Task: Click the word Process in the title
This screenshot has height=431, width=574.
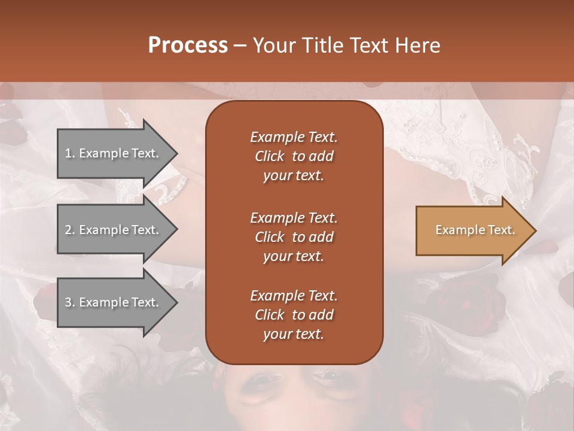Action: click(x=188, y=45)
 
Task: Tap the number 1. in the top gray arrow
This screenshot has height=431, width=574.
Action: click(x=70, y=153)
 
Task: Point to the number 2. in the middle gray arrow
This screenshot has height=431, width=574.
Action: click(x=70, y=230)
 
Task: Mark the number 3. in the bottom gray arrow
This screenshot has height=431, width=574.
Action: click(x=70, y=302)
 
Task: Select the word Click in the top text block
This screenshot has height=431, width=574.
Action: click(x=270, y=156)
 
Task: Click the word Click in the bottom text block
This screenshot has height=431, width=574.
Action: click(x=270, y=315)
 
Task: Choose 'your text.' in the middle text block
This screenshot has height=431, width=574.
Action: click(x=294, y=256)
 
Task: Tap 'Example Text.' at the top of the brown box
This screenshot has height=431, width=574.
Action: click(x=294, y=137)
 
